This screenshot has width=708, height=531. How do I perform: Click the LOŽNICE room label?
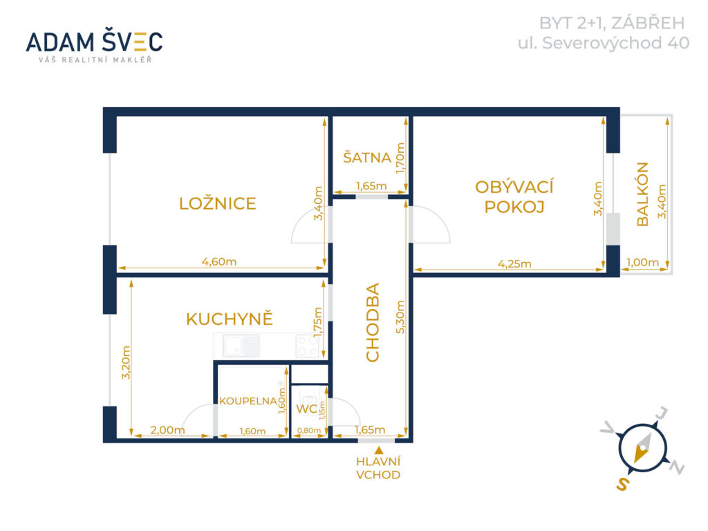coord(218,203)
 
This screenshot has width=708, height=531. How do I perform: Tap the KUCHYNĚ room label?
coord(230,318)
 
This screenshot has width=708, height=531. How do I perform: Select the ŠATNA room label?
coord(367,157)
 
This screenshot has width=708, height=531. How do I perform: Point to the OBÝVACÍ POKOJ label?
coord(514,196)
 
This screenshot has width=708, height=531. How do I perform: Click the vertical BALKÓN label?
coord(642,194)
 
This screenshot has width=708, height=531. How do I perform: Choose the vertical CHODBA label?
coord(373,322)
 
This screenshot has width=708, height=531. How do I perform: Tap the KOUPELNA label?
coord(248,401)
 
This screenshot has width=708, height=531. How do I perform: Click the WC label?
coord(306,409)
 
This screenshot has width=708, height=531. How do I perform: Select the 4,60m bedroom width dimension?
coord(219,261)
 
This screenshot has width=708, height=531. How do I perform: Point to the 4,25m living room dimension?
coord(514,263)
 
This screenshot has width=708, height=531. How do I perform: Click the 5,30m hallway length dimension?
coord(400,317)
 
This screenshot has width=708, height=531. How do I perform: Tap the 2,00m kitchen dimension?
coord(167,430)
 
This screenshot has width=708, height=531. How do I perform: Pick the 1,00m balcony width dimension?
coord(642,262)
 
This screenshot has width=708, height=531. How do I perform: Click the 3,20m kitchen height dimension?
coord(126,362)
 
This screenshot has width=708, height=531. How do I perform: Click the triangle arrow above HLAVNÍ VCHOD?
coord(379,450)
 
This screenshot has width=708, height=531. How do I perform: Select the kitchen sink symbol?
coord(241,346)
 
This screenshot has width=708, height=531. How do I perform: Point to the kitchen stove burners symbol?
coord(308,346)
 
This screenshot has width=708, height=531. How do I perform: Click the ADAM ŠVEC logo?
coord(94,46)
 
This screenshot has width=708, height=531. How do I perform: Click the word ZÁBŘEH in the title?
coord(648,23)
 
